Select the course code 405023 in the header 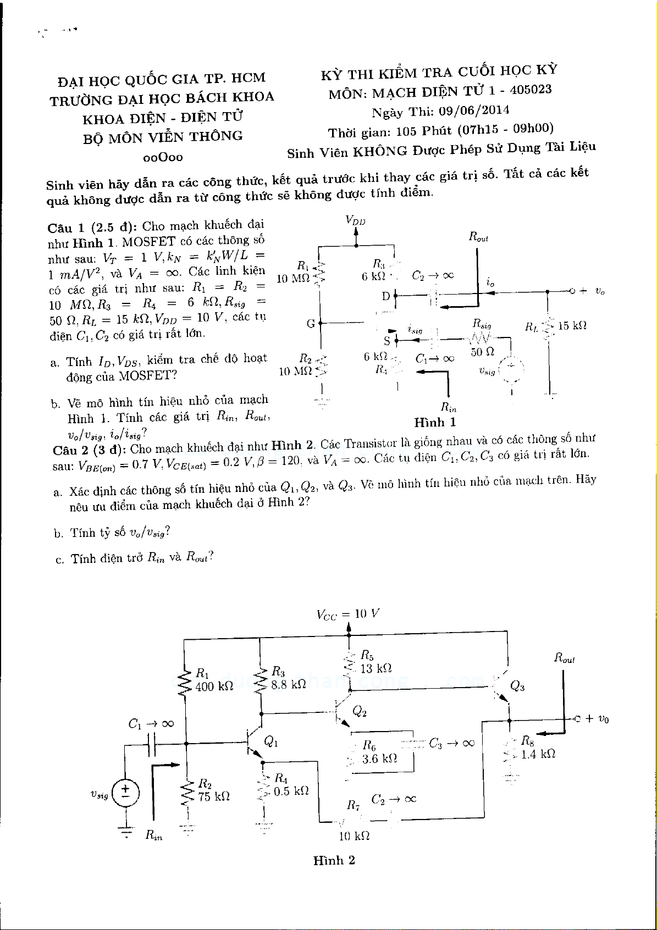click(x=531, y=89)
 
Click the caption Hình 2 click(x=334, y=860)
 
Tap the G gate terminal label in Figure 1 click(x=311, y=324)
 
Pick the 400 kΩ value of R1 click(x=214, y=686)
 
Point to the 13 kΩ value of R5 click(x=376, y=668)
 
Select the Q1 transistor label click(x=271, y=741)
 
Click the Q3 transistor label click(x=517, y=685)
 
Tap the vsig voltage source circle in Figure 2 click(x=126, y=791)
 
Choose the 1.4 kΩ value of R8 click(x=538, y=754)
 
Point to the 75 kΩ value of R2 click(x=214, y=796)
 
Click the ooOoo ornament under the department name click(x=162, y=157)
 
